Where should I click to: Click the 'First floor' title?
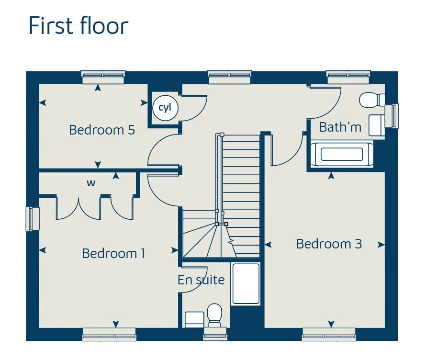78,25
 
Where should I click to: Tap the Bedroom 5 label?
102,130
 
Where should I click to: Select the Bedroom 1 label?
113,254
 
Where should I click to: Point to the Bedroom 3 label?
329,244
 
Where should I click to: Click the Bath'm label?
340,127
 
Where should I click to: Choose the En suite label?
201,280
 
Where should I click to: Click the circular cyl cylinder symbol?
165,107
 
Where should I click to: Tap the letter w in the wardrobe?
91,183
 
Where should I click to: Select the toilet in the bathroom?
372,100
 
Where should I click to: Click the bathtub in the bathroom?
342,154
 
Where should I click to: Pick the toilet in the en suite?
214,315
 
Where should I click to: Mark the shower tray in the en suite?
246,283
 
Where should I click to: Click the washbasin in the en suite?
194,319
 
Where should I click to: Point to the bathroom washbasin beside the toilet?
377,125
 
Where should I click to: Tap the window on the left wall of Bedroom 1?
33,219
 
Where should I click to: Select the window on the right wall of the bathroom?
392,116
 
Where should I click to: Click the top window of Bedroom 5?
103,77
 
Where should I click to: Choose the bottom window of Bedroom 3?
329,334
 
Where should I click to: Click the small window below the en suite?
215,334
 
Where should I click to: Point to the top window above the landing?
230,77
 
